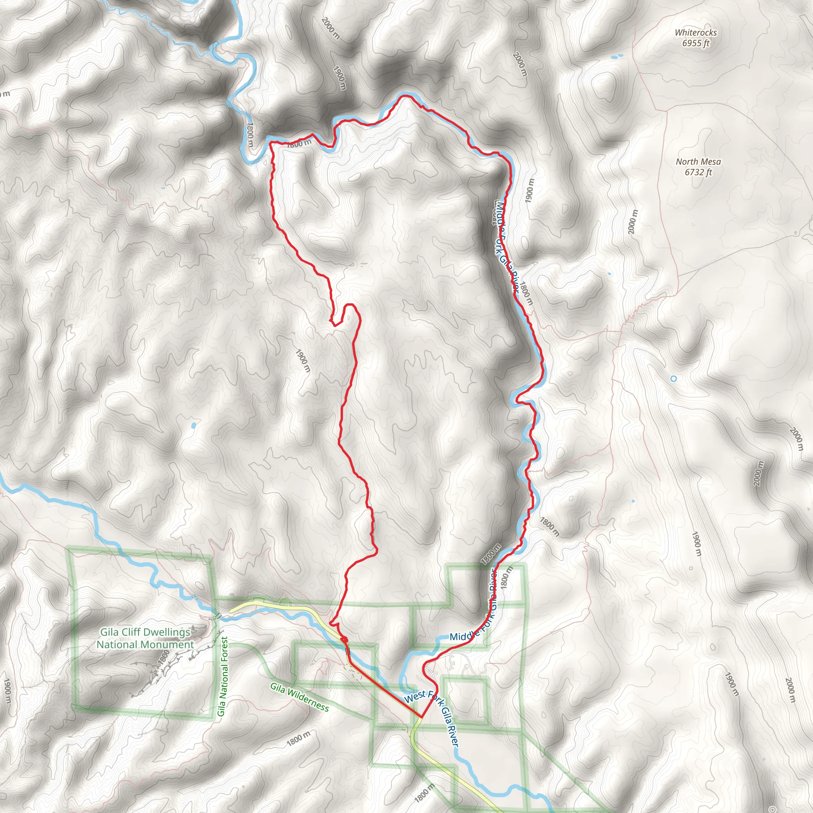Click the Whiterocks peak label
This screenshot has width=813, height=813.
click(695, 33)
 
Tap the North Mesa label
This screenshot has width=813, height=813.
click(698, 162)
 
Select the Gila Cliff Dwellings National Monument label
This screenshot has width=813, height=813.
click(145, 638)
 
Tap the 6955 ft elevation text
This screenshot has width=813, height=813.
click(695, 43)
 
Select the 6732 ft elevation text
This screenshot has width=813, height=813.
click(698, 172)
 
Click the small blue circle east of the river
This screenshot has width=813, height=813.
click(673, 379)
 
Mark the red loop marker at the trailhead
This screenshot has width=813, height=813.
click(344, 640)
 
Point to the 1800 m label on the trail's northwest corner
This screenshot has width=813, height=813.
click(299, 143)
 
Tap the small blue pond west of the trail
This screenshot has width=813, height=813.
click(194, 426)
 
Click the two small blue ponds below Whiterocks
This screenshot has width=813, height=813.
click(616, 56)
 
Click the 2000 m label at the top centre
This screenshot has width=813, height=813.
click(330, 28)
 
